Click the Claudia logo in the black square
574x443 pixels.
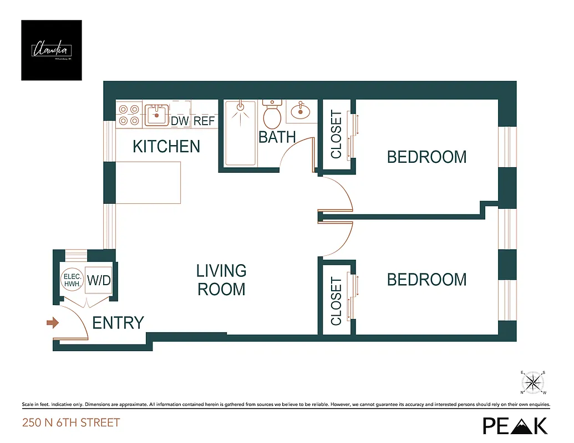coord(52,50)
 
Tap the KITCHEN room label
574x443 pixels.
coord(166,147)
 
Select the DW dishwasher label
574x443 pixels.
coord(180,121)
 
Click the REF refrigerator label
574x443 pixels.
coord(204,121)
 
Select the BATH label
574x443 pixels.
coord(277,137)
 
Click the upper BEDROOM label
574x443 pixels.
coord(426,157)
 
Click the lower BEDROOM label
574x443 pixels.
coord(426,280)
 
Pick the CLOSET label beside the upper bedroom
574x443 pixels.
coord(336,135)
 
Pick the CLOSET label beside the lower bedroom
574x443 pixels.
coord(336,301)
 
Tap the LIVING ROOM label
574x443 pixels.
coord(221,280)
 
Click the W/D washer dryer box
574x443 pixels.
coord(99,281)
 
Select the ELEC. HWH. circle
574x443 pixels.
coord(72,280)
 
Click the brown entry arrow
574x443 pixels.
coord(53,322)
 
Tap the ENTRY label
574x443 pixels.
coord(118,323)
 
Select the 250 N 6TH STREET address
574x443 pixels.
coord(71,423)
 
